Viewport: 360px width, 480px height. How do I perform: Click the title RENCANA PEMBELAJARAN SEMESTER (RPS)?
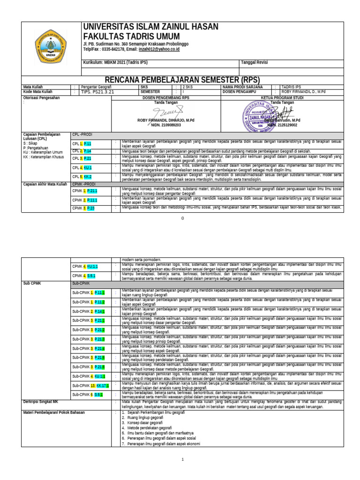pos(179,80)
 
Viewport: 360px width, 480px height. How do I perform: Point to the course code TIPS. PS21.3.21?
pos(97,92)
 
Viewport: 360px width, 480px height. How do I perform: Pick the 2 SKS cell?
pos(187,87)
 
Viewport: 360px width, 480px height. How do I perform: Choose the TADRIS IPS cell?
pos(293,87)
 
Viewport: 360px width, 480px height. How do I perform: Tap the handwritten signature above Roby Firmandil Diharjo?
pos(165,112)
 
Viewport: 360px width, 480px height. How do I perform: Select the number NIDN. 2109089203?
pos(165,125)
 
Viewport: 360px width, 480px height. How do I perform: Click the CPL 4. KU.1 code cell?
pos(82,167)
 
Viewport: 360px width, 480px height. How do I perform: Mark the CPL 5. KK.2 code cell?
pos(82,176)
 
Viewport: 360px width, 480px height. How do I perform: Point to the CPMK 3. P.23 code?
pos(83,208)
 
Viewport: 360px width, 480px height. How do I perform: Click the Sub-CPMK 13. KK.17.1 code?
pos(90,385)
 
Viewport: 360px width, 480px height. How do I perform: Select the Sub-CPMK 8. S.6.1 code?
pos(87,395)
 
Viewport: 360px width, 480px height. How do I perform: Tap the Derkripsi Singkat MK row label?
pos(41,402)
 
